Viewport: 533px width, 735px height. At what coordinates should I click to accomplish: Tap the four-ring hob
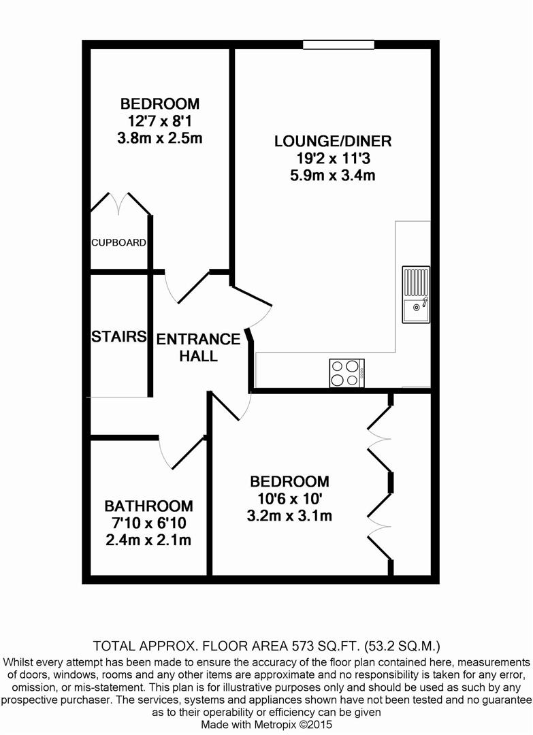tap(347, 373)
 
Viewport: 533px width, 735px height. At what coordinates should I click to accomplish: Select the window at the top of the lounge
tap(338, 44)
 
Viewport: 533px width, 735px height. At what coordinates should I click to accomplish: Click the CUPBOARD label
tap(118, 242)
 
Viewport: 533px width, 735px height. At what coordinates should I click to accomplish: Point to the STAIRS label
tap(118, 337)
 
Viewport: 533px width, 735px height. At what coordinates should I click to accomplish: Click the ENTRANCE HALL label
tap(198, 347)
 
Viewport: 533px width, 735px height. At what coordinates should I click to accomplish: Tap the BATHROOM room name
tap(148, 506)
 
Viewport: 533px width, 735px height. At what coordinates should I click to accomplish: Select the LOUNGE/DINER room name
tap(333, 141)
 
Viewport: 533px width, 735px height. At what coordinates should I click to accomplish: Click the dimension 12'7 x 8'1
tap(160, 121)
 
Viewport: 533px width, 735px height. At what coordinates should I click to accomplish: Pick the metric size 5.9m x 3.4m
tap(333, 176)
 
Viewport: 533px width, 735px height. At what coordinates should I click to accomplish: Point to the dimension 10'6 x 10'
tap(289, 499)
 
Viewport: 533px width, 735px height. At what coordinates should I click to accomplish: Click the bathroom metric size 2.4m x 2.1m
tap(148, 540)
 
